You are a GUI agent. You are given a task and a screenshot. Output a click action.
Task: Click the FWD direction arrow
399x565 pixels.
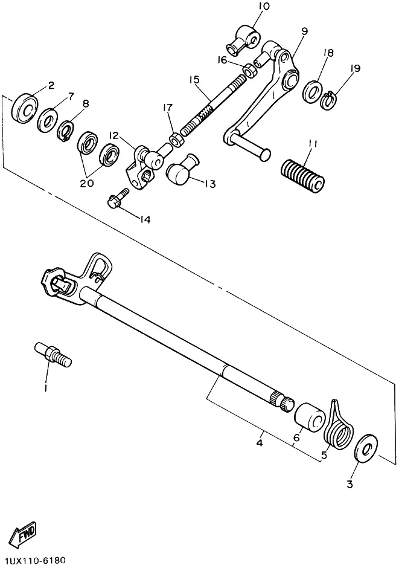click(x=23, y=532)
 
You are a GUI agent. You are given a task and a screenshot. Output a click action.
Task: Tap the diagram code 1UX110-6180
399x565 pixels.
click(x=33, y=560)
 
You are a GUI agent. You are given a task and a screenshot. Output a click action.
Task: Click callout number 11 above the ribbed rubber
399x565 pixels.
click(x=312, y=144)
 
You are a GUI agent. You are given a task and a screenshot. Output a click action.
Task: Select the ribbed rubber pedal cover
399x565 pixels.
click(x=302, y=175)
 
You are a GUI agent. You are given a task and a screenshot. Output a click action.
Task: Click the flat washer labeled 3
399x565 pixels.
click(x=366, y=448)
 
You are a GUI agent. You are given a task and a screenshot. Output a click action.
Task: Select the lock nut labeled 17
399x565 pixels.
click(x=176, y=140)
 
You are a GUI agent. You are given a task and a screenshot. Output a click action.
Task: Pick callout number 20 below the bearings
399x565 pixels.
click(x=86, y=183)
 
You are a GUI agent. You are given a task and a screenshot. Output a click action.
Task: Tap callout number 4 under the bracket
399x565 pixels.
click(x=260, y=442)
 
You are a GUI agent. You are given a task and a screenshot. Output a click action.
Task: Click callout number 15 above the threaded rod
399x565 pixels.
click(x=194, y=79)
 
